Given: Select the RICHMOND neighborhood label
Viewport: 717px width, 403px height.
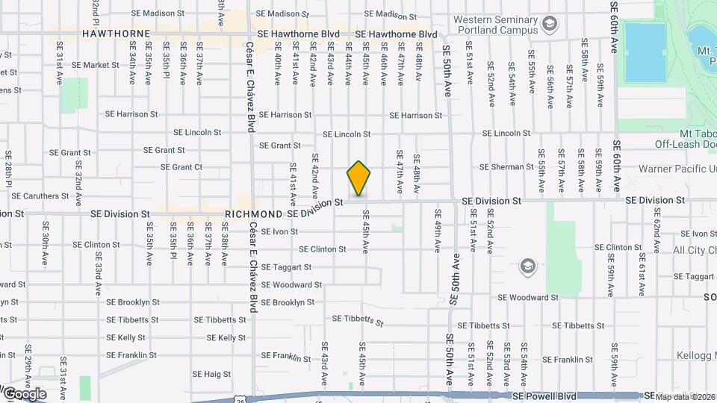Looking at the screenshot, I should pyautogui.click(x=254, y=213).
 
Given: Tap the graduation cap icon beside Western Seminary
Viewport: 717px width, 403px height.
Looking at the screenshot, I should pyautogui.click(x=550, y=25).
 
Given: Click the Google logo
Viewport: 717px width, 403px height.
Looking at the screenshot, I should pyautogui.click(x=25, y=394).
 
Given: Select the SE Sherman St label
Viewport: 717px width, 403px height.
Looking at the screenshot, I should pyautogui.click(x=506, y=167).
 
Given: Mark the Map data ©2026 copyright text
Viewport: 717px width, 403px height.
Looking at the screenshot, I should pyautogui.click(x=683, y=396).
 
